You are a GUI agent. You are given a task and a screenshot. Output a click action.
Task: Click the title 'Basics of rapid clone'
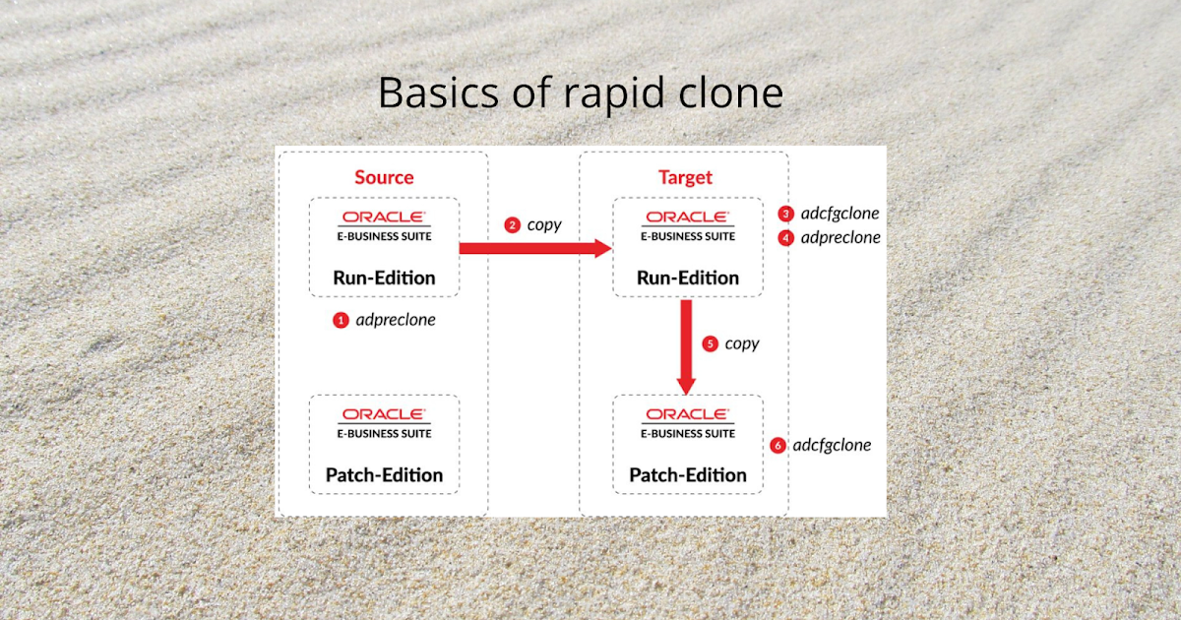click(580, 93)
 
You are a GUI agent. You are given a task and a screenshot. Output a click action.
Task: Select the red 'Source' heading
click(384, 178)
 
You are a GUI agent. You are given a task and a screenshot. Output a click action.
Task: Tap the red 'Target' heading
click(685, 178)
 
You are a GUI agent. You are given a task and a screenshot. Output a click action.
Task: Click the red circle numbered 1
click(341, 320)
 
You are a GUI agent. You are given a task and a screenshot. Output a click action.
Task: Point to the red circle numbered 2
click(512, 225)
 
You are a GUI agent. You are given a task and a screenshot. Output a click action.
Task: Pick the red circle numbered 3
click(785, 214)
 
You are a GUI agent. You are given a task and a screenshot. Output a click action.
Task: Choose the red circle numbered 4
click(785, 237)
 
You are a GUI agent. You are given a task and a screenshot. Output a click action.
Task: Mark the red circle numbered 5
click(711, 344)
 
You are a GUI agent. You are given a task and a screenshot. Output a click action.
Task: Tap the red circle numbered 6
click(777, 446)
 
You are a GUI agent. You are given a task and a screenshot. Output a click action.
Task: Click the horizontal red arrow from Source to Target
click(535, 248)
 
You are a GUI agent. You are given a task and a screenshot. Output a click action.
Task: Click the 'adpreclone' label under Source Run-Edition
click(396, 320)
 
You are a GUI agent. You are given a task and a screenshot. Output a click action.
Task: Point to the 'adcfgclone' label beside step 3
click(839, 214)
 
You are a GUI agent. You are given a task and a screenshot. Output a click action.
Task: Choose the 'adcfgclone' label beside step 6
click(832, 445)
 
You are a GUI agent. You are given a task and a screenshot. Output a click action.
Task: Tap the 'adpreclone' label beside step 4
click(840, 237)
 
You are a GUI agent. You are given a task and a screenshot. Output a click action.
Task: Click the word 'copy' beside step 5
click(742, 344)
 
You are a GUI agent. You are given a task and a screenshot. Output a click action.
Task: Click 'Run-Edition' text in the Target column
click(688, 278)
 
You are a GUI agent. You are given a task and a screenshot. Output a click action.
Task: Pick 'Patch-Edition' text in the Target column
click(688, 474)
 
